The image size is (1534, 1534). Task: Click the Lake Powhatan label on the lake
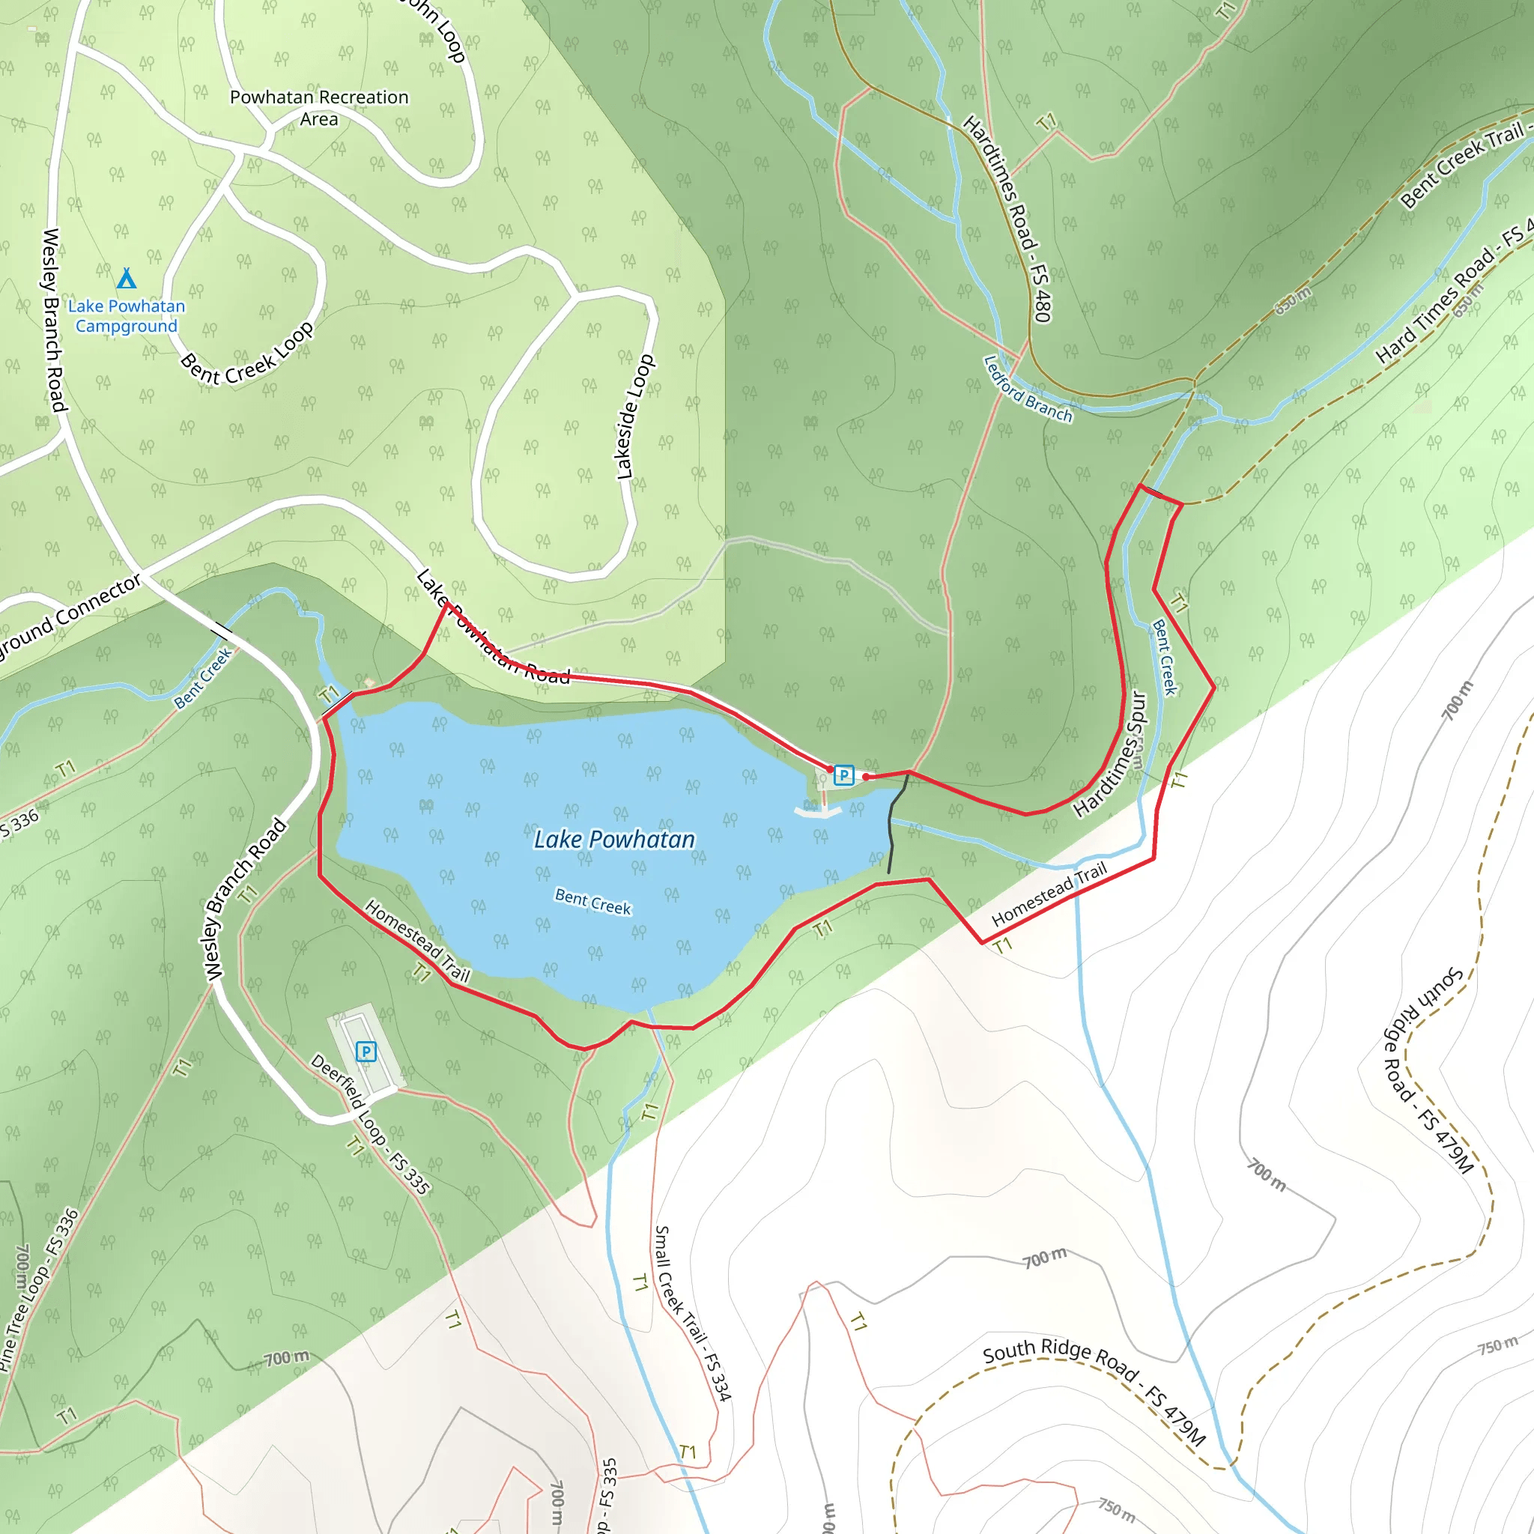click(x=613, y=839)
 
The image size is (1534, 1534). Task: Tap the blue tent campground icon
click(x=127, y=278)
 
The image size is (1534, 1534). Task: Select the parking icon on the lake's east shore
click(x=844, y=775)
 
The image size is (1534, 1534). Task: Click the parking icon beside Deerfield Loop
click(x=366, y=1052)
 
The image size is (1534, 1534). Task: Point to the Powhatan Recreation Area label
click(x=319, y=108)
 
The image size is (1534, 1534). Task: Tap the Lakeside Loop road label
click(x=636, y=417)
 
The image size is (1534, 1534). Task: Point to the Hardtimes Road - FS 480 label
click(x=1008, y=219)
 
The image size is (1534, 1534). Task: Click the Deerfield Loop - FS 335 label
click(x=370, y=1124)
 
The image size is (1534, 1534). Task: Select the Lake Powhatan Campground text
click(x=127, y=316)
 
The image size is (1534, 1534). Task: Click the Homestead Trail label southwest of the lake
click(x=418, y=941)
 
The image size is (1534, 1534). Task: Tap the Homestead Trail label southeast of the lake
click(x=1049, y=894)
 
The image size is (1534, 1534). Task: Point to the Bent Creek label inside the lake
click(x=592, y=902)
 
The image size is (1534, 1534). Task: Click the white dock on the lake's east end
click(x=817, y=810)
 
